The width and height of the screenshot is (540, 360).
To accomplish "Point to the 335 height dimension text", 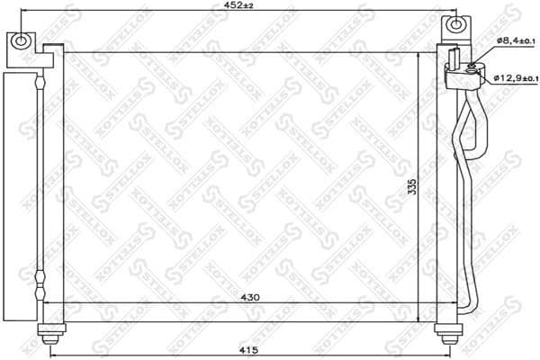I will [x=411, y=186].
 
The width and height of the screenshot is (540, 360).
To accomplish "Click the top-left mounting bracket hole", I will [x=20, y=40].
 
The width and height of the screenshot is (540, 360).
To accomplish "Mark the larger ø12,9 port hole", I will [x=472, y=77].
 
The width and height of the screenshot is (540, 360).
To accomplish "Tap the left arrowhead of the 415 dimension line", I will [x=51, y=355].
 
